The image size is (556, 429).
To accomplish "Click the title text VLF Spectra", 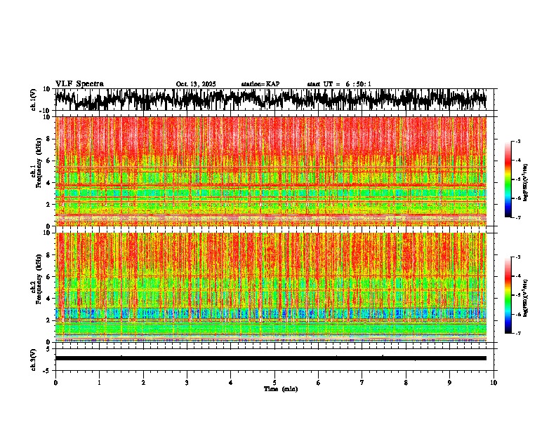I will (x=79, y=83).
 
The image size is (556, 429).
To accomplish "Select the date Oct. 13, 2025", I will (x=196, y=84).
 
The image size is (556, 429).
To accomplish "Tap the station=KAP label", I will (x=260, y=84).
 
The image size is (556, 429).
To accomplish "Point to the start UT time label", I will (x=339, y=84).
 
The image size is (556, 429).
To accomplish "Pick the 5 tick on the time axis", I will (x=274, y=383).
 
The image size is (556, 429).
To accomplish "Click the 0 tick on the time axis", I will (x=55, y=383).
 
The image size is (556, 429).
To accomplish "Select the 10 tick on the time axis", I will (x=494, y=383).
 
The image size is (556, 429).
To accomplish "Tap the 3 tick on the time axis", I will (x=187, y=383).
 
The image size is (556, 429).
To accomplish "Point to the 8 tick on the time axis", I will (x=406, y=383).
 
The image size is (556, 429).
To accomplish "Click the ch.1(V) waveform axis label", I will (x=34, y=100).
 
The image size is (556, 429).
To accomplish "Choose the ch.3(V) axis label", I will (x=34, y=358).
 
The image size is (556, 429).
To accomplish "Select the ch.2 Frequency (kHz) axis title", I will (x=35, y=287).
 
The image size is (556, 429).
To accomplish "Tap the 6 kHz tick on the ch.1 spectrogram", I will (x=48, y=161).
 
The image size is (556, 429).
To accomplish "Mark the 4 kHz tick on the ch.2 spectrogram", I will (x=48, y=298).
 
